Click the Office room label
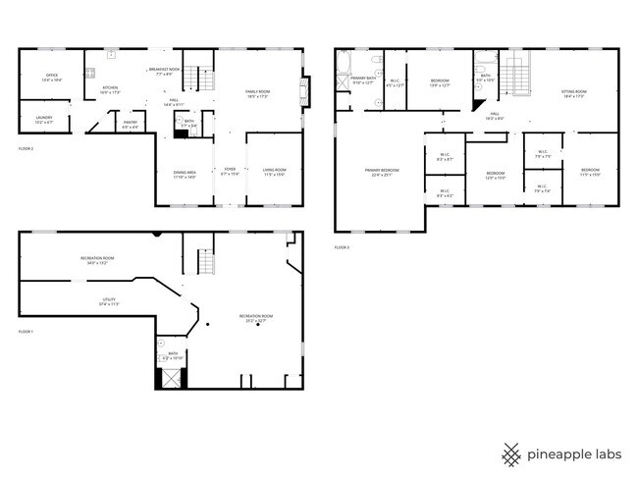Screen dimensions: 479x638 [49, 79]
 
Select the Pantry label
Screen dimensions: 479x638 [130, 124]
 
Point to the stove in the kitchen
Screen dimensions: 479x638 [90, 72]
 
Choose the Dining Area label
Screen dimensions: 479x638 [185, 175]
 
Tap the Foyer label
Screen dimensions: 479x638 [230, 171]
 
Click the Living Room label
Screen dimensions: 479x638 [273, 171]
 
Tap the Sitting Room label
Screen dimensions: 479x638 [573, 94]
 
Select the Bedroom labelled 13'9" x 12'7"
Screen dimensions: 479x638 [440, 82]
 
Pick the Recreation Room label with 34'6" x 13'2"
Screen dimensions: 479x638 [99, 260]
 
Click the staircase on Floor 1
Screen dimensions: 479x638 [206, 262]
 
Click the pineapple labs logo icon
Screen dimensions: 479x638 [511, 454]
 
